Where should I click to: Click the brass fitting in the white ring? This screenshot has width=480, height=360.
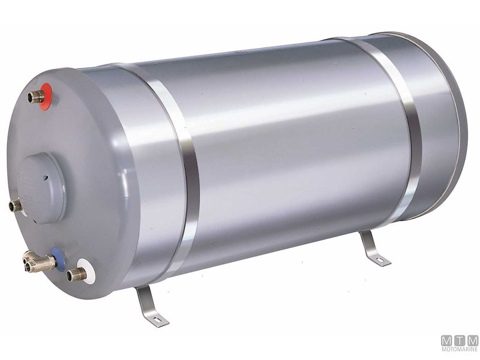(74, 275)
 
